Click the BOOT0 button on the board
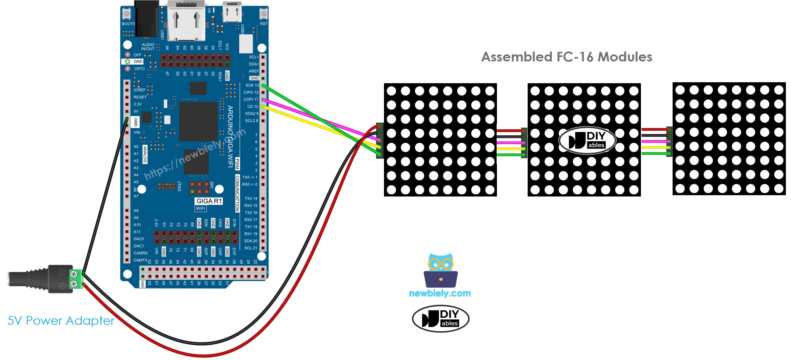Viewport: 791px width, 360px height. pyautogui.click(x=126, y=14)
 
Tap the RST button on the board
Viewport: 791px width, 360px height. pyautogui.click(x=263, y=14)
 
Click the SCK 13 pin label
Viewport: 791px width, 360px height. pyautogui.click(x=252, y=85)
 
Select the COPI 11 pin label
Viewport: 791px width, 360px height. pyautogui.click(x=251, y=99)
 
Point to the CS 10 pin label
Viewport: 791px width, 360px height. pyautogui.click(x=252, y=106)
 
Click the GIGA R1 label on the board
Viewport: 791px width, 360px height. pyautogui.click(x=209, y=201)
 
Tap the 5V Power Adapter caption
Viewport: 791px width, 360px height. pyautogui.click(x=61, y=320)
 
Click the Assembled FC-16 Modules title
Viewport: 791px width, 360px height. pyautogui.click(x=567, y=57)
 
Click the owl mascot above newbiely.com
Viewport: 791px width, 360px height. pyautogui.click(x=441, y=270)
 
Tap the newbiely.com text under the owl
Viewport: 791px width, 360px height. pyautogui.click(x=440, y=293)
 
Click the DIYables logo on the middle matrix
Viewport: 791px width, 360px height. pyautogui.click(x=587, y=140)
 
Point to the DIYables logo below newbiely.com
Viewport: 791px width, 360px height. pyautogui.click(x=440, y=319)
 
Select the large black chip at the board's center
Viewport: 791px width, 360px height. pyautogui.click(x=198, y=121)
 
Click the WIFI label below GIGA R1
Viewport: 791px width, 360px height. pyautogui.click(x=201, y=209)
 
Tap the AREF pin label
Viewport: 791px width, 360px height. pyautogui.click(x=253, y=71)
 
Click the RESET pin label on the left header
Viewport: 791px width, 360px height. pyautogui.click(x=140, y=97)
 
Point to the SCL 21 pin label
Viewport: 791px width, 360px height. pyautogui.click(x=251, y=248)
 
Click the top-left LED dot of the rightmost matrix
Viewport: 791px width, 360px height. pyautogui.click(x=680, y=90)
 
